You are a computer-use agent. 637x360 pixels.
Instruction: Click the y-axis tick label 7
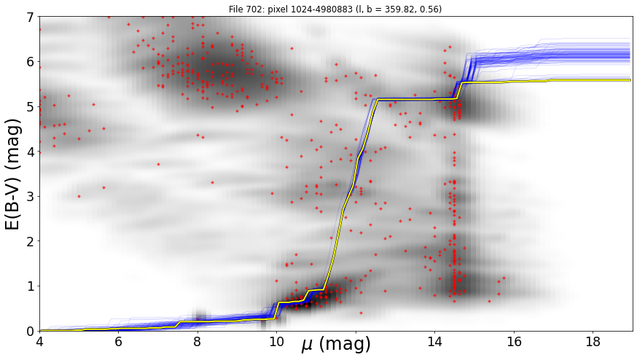pyautogui.click(x=30, y=17)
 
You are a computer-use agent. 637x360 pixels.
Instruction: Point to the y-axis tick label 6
pyautogui.click(x=30, y=62)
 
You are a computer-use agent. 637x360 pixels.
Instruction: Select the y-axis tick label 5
pyautogui.click(x=30, y=107)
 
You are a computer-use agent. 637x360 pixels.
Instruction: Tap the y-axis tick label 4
pyautogui.click(x=30, y=152)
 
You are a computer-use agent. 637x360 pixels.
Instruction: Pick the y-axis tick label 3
pyautogui.click(x=30, y=197)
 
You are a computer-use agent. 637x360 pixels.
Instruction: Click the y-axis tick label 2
pyautogui.click(x=30, y=241)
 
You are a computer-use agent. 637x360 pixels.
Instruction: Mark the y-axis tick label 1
pyautogui.click(x=30, y=286)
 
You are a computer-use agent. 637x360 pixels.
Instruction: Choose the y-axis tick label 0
pyautogui.click(x=30, y=331)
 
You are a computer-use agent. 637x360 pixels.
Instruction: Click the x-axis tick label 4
pyautogui.click(x=39, y=342)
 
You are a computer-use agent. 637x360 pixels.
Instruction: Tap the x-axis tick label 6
pyautogui.click(x=118, y=342)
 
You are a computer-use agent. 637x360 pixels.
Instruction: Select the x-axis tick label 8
pyautogui.click(x=198, y=342)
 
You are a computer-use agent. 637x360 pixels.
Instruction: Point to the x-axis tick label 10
pyautogui.click(x=276, y=342)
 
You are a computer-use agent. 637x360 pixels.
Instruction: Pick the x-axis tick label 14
pyautogui.click(x=434, y=342)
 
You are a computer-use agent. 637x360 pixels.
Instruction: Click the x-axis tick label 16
pyautogui.click(x=514, y=342)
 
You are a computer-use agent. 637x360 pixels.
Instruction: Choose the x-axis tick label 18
pyautogui.click(x=593, y=342)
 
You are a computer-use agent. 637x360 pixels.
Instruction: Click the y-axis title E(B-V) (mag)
pyautogui.click(x=12, y=174)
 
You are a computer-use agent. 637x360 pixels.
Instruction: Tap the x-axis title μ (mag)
pyautogui.click(x=336, y=345)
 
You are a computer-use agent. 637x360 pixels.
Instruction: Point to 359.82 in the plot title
pyautogui.click(x=398, y=9)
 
